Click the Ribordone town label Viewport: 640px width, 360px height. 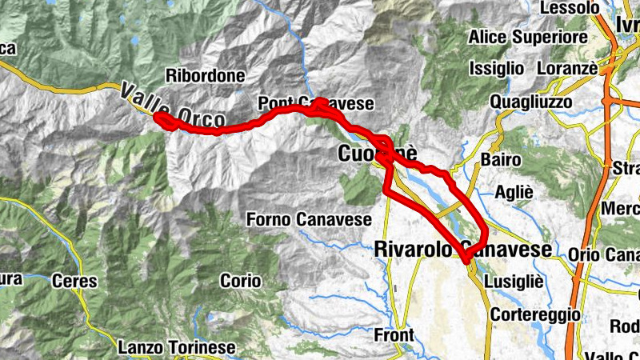[205, 76]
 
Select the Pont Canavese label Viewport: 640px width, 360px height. [315, 104]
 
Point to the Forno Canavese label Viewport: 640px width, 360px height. [308, 218]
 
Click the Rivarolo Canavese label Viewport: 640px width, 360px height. [463, 250]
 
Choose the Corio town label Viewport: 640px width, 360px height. [242, 281]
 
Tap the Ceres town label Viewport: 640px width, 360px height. [74, 281]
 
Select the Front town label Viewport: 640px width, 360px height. [394, 334]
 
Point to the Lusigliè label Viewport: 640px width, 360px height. [518, 282]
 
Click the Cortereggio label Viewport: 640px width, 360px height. [535, 314]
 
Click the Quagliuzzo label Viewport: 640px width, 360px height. [531, 102]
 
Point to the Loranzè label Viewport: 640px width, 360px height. [567, 68]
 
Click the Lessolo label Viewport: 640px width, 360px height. [570, 7]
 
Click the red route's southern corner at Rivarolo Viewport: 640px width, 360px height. [466, 258]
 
